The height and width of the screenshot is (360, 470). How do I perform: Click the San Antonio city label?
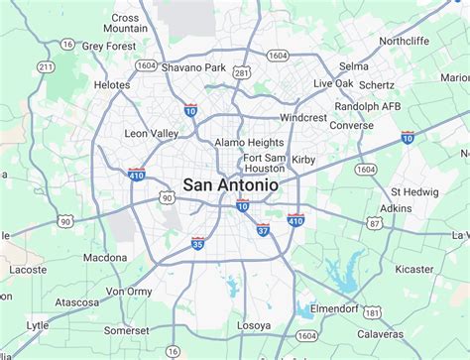(x=229, y=184)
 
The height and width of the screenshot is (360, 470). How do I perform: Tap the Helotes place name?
(x=111, y=85)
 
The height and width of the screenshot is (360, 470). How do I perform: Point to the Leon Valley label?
(x=151, y=133)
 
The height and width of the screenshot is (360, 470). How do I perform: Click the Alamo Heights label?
(x=251, y=143)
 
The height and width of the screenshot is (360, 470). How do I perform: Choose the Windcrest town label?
(x=302, y=117)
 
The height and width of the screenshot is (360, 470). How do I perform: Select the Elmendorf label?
(x=335, y=307)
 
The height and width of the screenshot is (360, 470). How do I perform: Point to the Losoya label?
(x=255, y=324)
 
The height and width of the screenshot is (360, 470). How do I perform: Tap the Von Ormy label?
(x=128, y=292)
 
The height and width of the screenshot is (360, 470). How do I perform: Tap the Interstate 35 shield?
(x=198, y=241)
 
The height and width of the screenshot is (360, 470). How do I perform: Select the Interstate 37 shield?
(x=262, y=231)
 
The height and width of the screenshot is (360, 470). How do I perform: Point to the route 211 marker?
(x=45, y=67)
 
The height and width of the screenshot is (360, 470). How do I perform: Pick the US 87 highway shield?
(x=375, y=225)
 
